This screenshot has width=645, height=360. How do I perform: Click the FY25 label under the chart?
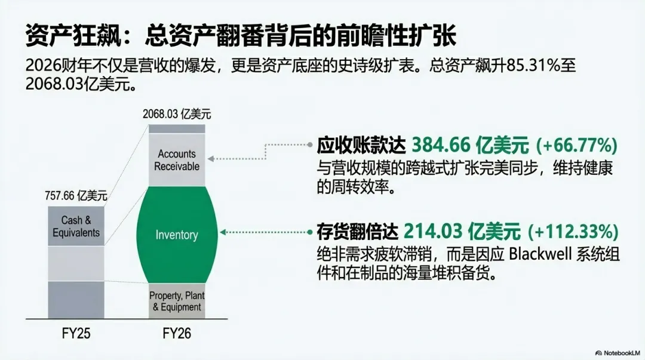[76, 333]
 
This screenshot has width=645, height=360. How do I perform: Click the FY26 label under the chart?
[177, 333]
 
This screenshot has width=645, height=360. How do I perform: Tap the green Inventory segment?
[177, 235]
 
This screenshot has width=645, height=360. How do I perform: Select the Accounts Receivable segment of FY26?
[177, 160]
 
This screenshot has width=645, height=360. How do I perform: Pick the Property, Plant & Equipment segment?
[177, 301]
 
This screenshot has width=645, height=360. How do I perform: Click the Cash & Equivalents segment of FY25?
[76, 226]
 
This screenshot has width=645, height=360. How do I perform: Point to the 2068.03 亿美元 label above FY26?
[177, 113]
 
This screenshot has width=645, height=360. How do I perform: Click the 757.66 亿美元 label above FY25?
[76, 195]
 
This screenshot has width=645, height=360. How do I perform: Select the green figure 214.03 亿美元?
[461, 231]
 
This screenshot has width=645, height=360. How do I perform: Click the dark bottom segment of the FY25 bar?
[76, 300]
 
